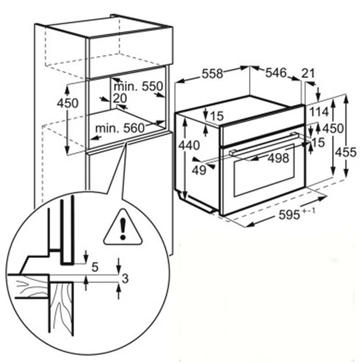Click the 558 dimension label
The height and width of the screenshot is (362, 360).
[x=212, y=74]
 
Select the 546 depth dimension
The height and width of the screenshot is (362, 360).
[x=276, y=73]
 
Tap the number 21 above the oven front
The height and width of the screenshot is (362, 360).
[x=308, y=74]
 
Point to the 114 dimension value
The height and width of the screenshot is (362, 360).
[x=319, y=112]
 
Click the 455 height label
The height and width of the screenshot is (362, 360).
[x=346, y=153]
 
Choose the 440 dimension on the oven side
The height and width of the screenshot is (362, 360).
[x=189, y=145]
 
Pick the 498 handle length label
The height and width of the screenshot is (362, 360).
[x=278, y=158]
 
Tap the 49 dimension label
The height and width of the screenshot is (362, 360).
[x=199, y=171]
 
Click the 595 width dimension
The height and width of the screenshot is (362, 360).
[x=289, y=215]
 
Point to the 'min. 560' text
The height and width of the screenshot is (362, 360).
[x=120, y=128]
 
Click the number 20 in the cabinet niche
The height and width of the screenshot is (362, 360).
[x=120, y=99]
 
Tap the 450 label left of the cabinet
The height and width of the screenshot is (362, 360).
[x=68, y=103]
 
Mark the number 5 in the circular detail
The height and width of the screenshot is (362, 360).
[x=95, y=267]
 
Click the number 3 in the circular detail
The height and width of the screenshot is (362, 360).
[x=125, y=279]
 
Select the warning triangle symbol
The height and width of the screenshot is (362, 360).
[x=123, y=227]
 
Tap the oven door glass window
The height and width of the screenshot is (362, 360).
[x=264, y=170]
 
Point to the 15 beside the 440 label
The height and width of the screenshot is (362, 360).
[x=217, y=116]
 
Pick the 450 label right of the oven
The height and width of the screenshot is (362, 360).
[x=333, y=129]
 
